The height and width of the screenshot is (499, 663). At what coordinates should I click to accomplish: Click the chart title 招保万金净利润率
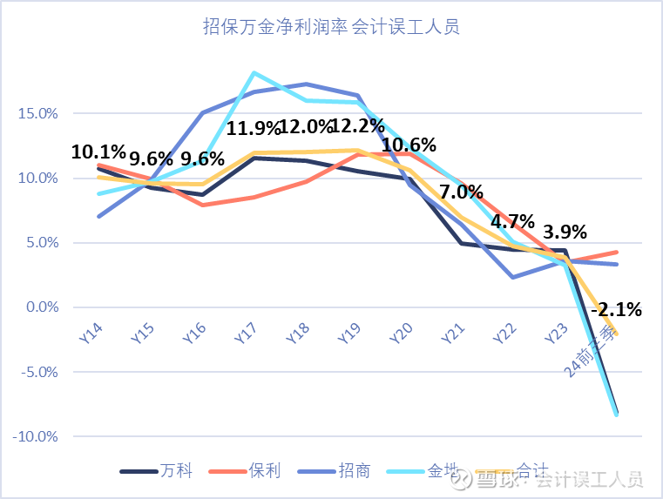tap(331, 27)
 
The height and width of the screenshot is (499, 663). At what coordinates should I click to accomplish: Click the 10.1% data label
tap(98, 152)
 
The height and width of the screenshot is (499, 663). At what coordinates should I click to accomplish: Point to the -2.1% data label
tap(616, 309)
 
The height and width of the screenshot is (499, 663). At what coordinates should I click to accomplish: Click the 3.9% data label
tap(565, 233)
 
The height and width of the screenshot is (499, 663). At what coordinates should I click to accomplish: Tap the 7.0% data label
tap(462, 192)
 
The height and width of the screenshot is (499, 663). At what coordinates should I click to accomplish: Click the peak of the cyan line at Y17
tap(254, 72)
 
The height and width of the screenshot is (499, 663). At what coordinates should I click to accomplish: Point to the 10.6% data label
tap(409, 145)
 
